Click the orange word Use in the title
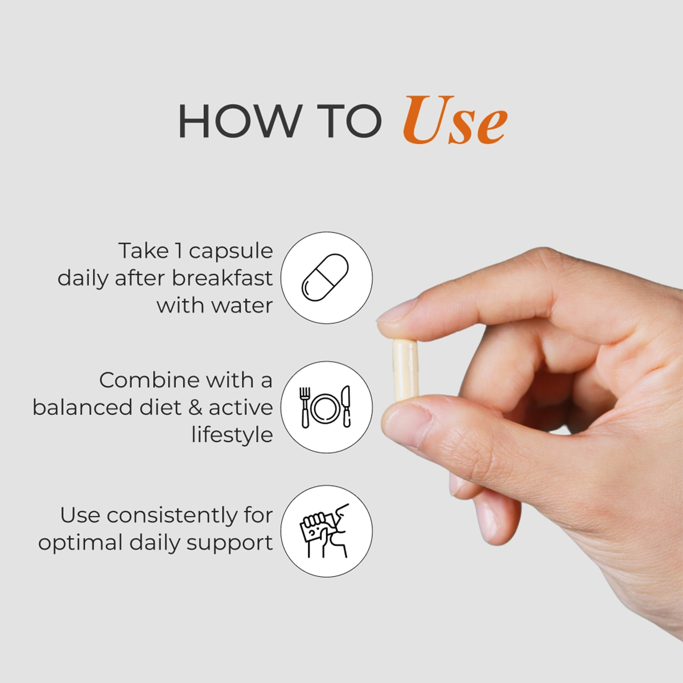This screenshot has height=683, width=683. (x=455, y=121)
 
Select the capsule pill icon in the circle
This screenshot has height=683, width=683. (x=325, y=278)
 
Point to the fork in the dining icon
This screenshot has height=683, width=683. (x=305, y=408)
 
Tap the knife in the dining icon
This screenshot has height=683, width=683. (x=345, y=406)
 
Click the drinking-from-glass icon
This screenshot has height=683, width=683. (x=324, y=530)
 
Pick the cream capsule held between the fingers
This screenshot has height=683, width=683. (x=405, y=370)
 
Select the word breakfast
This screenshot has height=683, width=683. (x=222, y=278)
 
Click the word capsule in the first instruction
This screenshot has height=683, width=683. (x=231, y=252)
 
